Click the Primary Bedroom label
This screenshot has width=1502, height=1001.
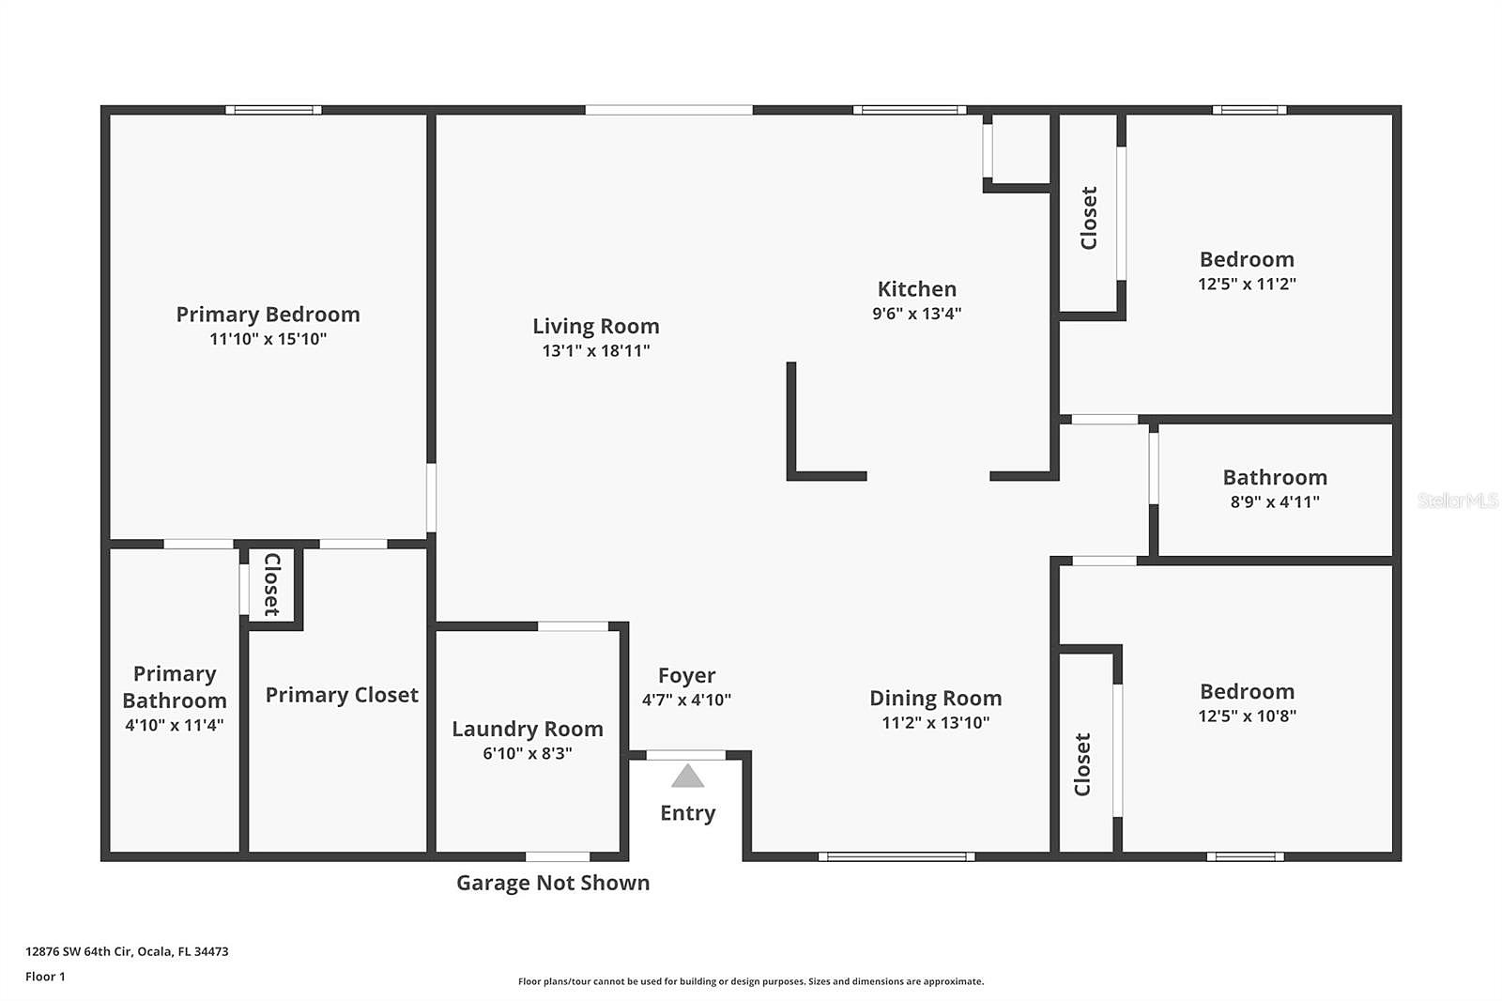click(268, 314)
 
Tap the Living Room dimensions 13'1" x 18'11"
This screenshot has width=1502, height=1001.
click(596, 350)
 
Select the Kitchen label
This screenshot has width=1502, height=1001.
click(916, 289)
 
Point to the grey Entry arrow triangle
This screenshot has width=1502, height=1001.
click(687, 776)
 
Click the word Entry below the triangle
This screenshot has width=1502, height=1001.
click(687, 813)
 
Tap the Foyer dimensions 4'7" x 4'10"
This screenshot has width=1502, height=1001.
click(686, 700)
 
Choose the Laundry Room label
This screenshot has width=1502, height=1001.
click(528, 729)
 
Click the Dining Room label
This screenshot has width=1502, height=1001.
click(935, 698)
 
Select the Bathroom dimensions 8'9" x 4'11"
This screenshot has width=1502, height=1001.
click(1275, 501)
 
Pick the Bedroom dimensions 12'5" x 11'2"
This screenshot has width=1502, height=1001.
click(1247, 284)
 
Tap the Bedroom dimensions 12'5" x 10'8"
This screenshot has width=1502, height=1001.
click(1247, 716)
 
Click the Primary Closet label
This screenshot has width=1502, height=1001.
click(342, 694)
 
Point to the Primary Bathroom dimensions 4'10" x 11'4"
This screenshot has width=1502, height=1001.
click(175, 725)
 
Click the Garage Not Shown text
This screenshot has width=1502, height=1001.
click(553, 883)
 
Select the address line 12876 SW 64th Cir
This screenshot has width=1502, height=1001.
click(80, 951)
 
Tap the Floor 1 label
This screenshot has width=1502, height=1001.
click(46, 977)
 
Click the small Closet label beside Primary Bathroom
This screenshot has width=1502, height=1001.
click(271, 584)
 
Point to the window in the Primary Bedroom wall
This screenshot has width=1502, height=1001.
click(273, 110)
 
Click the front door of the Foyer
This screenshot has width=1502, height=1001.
click(685, 755)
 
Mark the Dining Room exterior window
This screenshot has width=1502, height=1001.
click(897, 856)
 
